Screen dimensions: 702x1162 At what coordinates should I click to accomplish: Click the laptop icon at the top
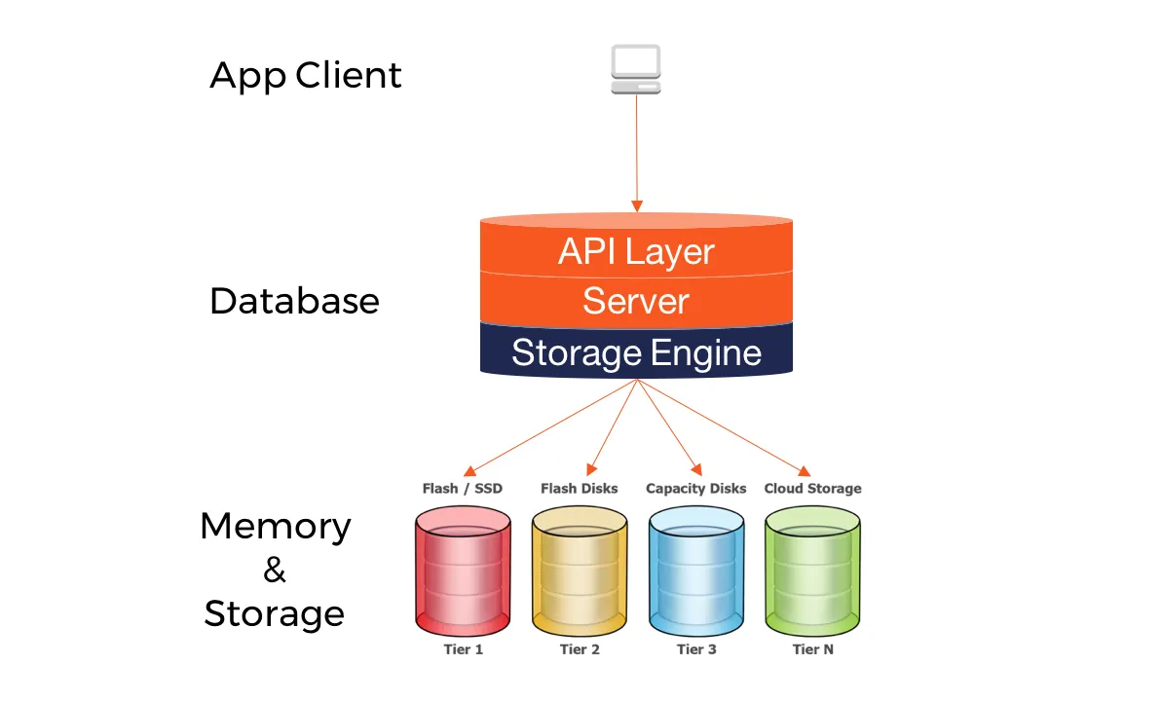(636, 70)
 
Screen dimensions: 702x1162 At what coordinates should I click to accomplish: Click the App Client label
(306, 76)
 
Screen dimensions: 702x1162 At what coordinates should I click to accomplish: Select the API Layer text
(636, 252)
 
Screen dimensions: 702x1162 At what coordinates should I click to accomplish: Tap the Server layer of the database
(636, 301)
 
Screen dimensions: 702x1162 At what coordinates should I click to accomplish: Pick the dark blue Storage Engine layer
(636, 351)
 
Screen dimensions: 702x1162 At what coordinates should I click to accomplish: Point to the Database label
(294, 301)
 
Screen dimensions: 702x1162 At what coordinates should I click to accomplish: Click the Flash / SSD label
(463, 489)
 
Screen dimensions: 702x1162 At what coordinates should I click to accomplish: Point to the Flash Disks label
(580, 489)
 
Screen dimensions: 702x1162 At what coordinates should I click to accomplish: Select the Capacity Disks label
(696, 489)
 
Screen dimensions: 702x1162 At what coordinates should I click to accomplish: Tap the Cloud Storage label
(813, 489)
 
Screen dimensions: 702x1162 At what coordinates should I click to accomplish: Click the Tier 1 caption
(463, 649)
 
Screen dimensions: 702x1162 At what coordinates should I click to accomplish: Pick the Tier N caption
(813, 649)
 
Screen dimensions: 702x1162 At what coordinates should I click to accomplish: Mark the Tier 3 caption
(696, 649)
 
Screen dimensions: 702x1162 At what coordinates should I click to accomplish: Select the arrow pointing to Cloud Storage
(726, 426)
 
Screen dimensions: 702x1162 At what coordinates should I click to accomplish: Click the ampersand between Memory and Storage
(275, 571)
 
